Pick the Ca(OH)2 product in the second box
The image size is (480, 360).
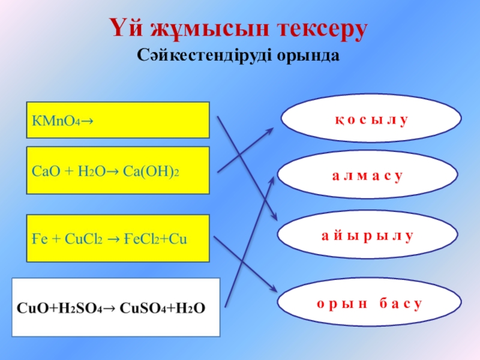click(x=152, y=171)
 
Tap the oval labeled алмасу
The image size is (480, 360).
click(x=367, y=176)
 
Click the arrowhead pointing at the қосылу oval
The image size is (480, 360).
click(x=275, y=128)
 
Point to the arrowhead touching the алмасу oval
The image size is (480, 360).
click(x=271, y=173)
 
